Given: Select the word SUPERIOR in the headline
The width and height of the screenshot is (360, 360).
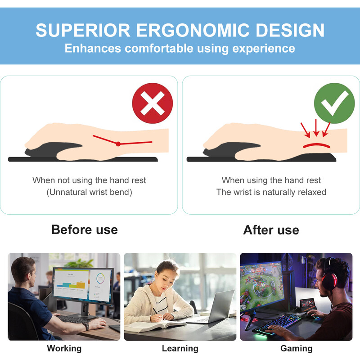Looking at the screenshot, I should tap(82, 30).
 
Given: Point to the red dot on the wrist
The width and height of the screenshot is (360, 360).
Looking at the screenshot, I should tap(118, 144).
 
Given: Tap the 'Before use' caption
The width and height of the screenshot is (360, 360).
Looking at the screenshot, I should tap(85, 229).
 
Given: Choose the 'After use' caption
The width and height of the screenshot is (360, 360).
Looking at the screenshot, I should tap(271, 230).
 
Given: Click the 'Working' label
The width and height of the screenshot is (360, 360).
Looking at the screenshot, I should tap(64, 348).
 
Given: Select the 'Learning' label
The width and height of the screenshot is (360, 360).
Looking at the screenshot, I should tap(180, 348).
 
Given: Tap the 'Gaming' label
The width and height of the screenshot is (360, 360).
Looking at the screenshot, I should tap(296, 348).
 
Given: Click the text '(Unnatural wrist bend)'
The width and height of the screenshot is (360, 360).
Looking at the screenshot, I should tap(89, 192).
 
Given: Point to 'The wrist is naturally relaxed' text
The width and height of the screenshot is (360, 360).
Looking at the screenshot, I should tap(271, 192).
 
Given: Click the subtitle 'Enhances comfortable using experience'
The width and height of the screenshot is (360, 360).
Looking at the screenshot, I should tap(180, 48).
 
